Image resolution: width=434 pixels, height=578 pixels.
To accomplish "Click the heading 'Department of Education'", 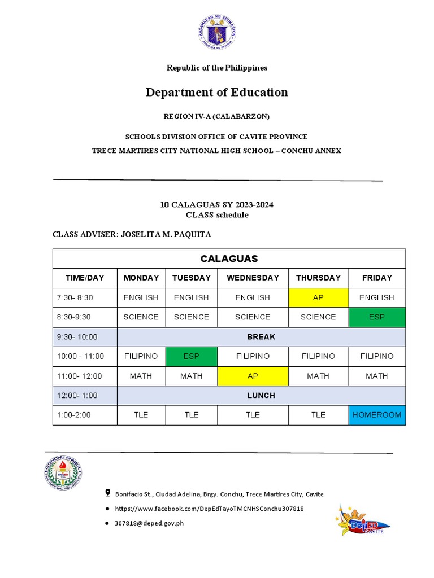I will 217,92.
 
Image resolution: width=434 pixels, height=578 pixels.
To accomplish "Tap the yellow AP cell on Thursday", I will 318,297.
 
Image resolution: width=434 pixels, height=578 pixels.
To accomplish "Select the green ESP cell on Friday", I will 376,317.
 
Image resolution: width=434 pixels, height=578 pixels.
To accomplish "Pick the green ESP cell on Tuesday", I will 191,357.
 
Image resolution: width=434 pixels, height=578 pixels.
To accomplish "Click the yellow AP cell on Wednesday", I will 253,376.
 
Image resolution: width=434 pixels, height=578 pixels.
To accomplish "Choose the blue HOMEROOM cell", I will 376,415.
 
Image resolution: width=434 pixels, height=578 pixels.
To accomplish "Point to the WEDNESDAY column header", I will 253,278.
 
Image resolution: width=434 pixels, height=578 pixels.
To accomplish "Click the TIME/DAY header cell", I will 85,278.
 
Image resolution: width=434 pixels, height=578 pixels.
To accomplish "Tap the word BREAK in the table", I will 261,337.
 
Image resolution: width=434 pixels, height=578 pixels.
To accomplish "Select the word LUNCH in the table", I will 261,396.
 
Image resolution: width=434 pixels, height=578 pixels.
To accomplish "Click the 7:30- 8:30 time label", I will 75,297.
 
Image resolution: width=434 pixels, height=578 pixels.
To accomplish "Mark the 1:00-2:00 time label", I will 73,415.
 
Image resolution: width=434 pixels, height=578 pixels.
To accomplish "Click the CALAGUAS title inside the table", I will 229,259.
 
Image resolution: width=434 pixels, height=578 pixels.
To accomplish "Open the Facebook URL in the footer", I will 209,509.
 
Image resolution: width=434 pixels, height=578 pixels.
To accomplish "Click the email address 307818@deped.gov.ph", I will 149,523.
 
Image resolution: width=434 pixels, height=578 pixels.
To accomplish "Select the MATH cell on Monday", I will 141,376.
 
